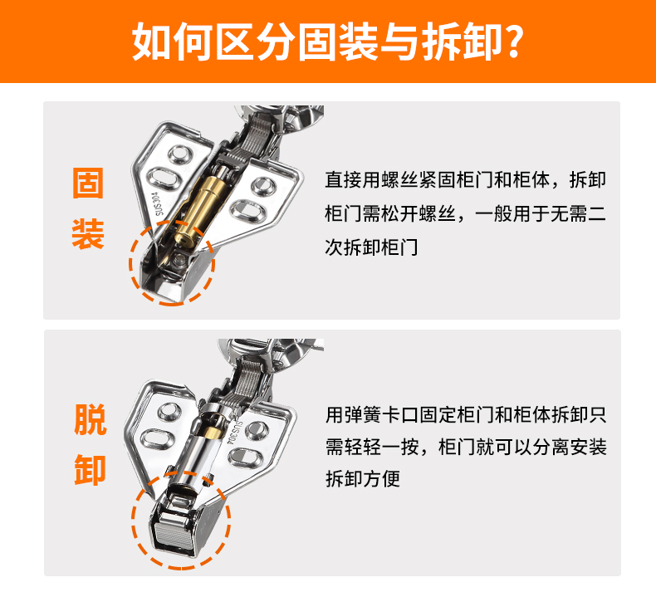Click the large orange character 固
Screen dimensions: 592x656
(88, 183)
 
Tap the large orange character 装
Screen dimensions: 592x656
(88, 235)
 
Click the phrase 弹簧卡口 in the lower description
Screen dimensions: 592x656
(380, 413)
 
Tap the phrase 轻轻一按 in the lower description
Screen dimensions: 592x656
(390, 448)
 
